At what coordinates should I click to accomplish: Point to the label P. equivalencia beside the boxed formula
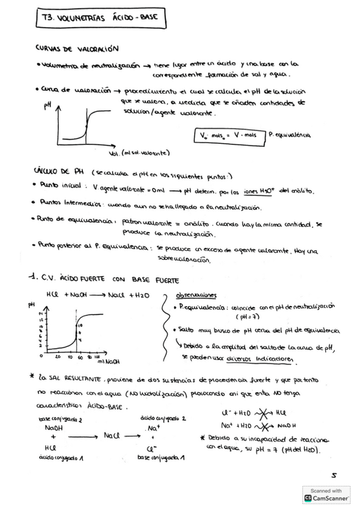tap(290, 135)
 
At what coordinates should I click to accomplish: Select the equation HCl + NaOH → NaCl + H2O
tap(97, 296)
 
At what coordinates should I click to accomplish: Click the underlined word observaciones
tap(196, 295)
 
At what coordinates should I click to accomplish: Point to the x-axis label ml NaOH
tap(106, 361)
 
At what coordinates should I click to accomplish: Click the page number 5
tap(334, 475)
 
